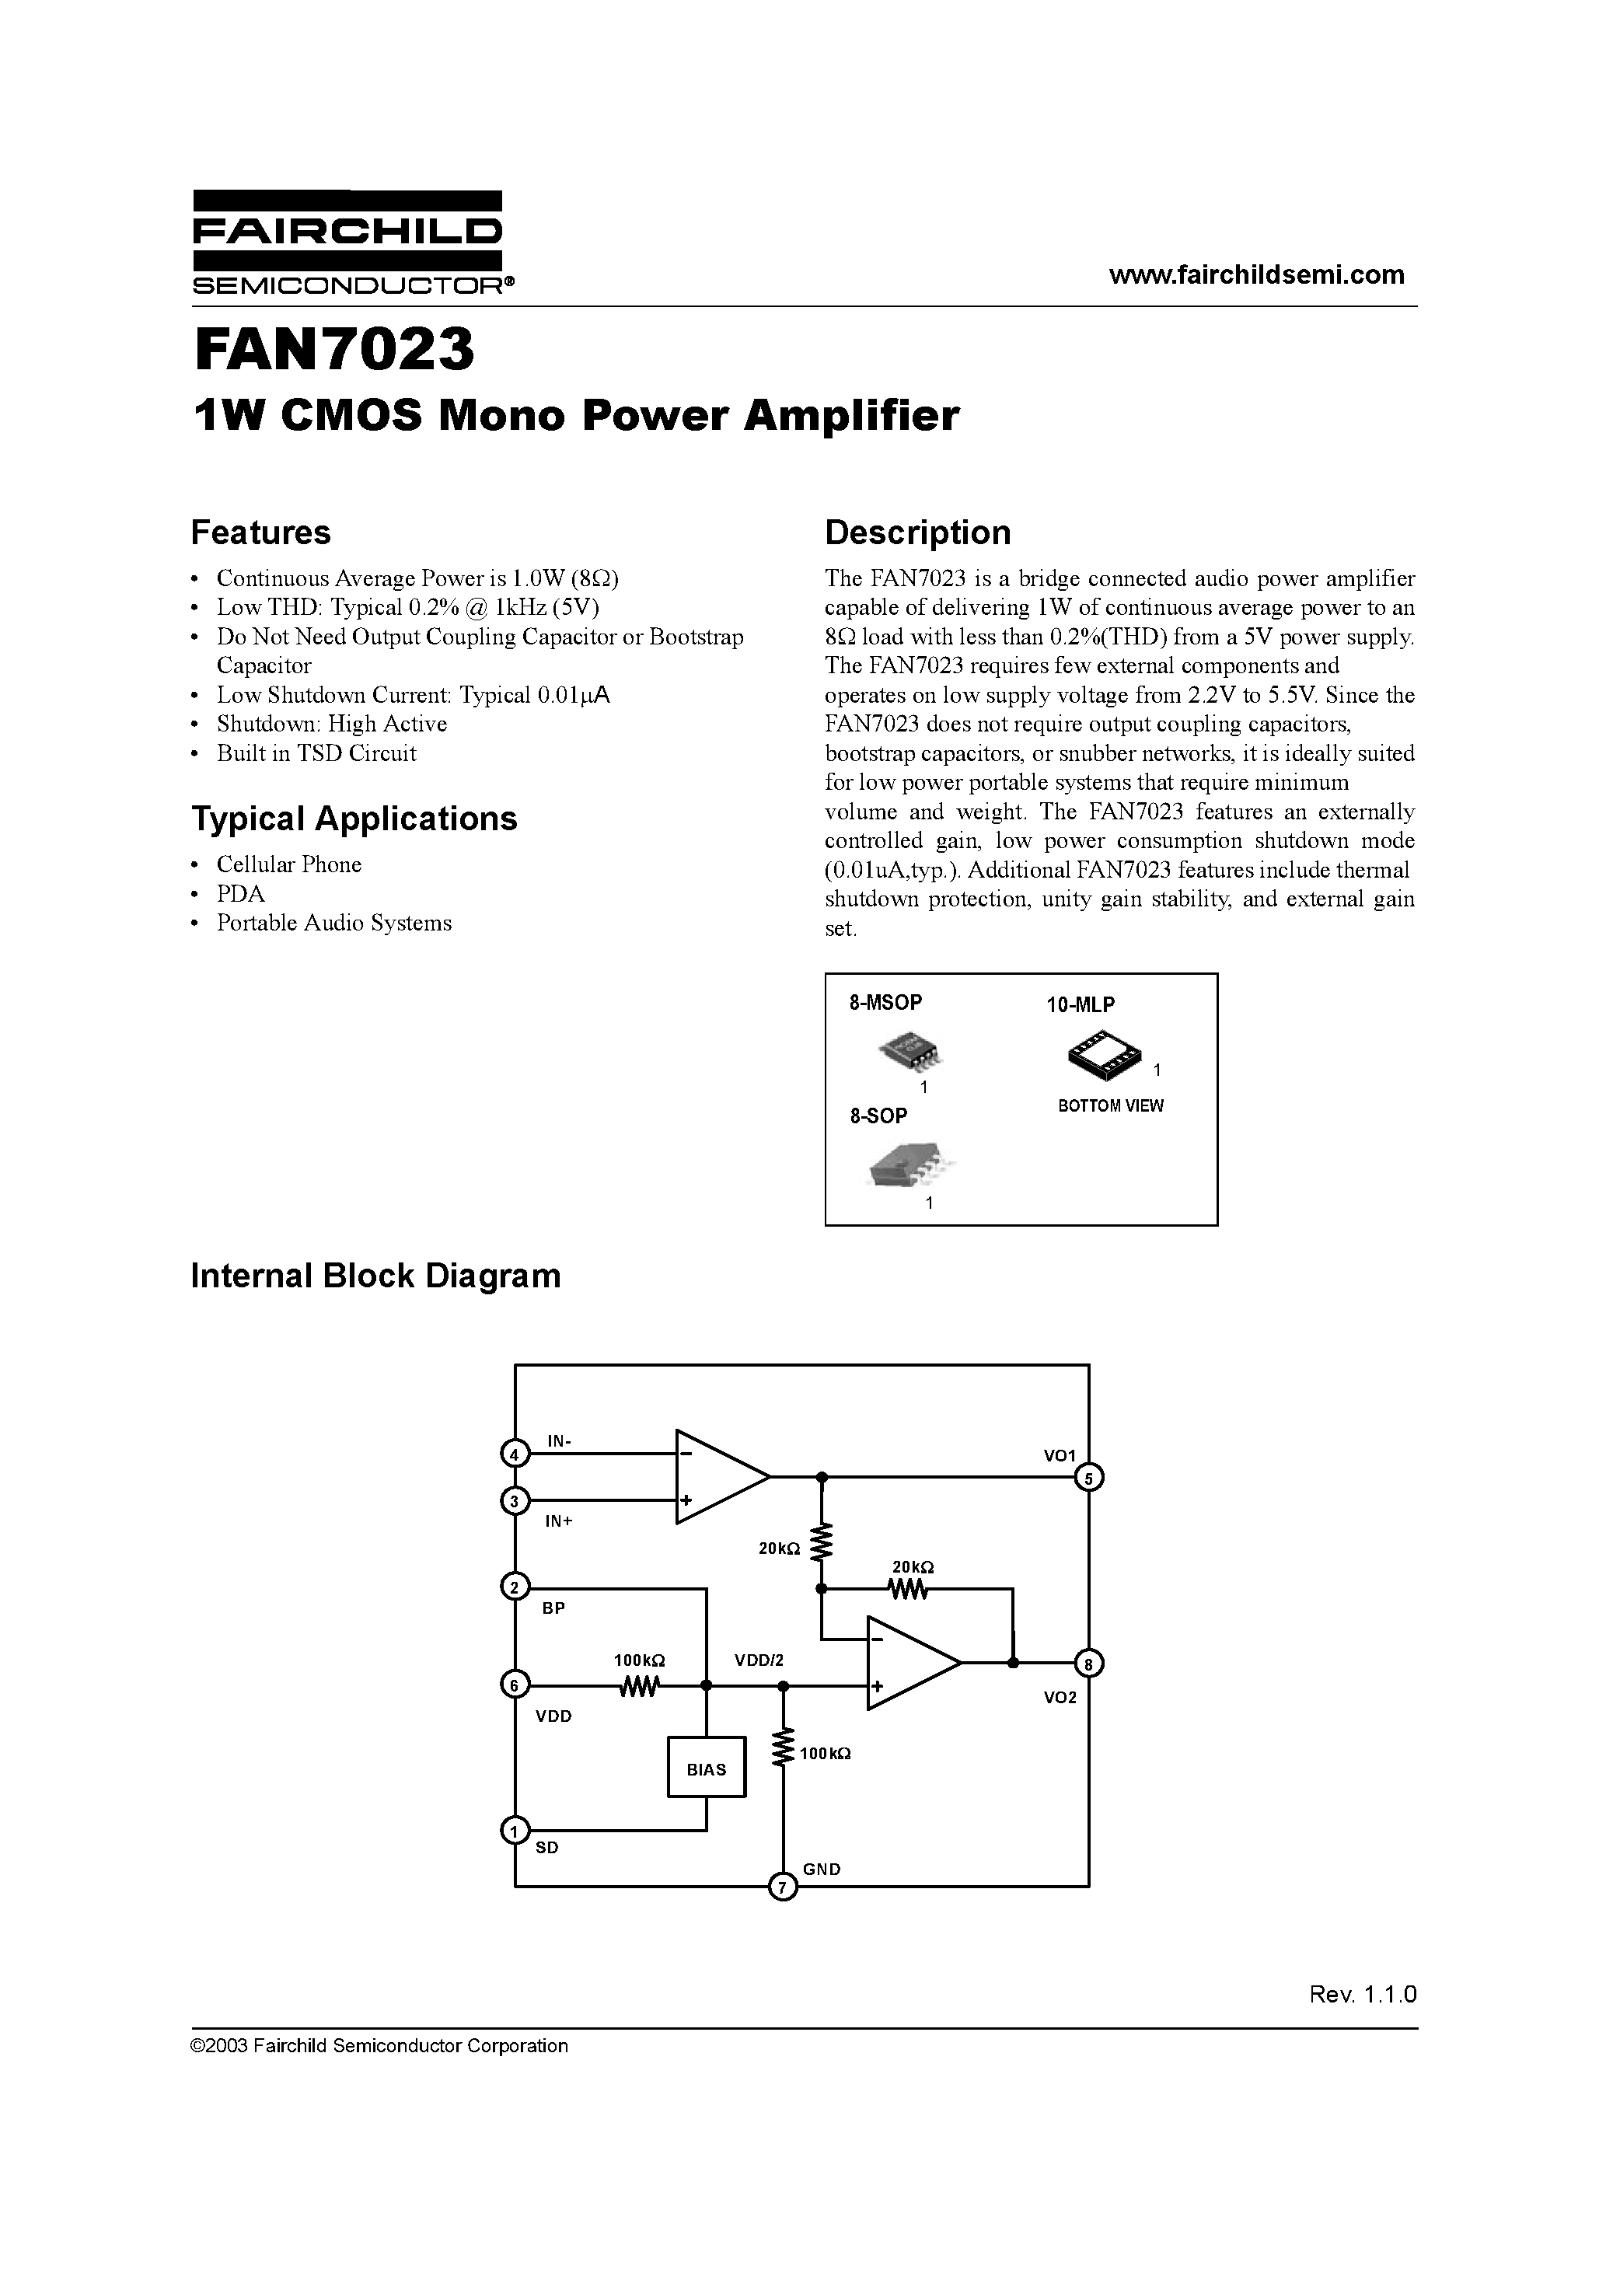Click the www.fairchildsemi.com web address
click(x=1255, y=275)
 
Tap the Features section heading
click(x=260, y=532)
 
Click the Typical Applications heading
click(x=354, y=819)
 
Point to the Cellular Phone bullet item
click(x=289, y=864)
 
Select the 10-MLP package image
click(x=1104, y=1053)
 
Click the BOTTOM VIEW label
click(x=1111, y=1106)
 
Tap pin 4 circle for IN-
click(x=515, y=1454)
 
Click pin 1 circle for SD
click(x=515, y=1831)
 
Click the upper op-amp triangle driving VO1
click(x=717, y=1476)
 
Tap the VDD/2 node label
click(x=759, y=1660)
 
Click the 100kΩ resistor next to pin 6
click(x=639, y=1685)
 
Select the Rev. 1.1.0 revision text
click(x=1363, y=1994)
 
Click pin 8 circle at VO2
click(x=1089, y=1664)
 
